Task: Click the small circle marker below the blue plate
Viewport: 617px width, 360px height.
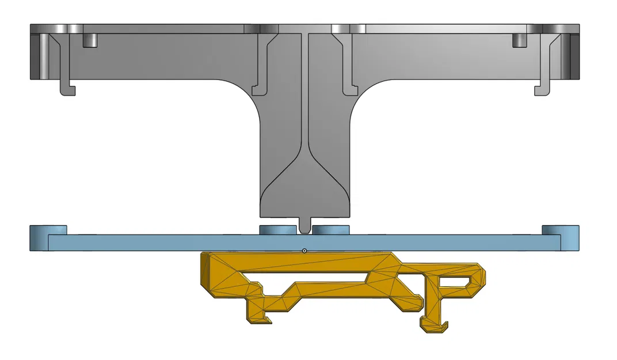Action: point(304,251)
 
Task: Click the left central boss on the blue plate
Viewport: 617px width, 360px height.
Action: point(279,230)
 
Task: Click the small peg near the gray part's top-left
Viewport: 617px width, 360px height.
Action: point(90,40)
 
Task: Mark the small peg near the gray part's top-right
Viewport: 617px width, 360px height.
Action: point(520,40)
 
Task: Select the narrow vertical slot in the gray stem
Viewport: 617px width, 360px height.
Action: point(304,92)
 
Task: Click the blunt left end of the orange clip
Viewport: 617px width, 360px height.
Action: point(204,274)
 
